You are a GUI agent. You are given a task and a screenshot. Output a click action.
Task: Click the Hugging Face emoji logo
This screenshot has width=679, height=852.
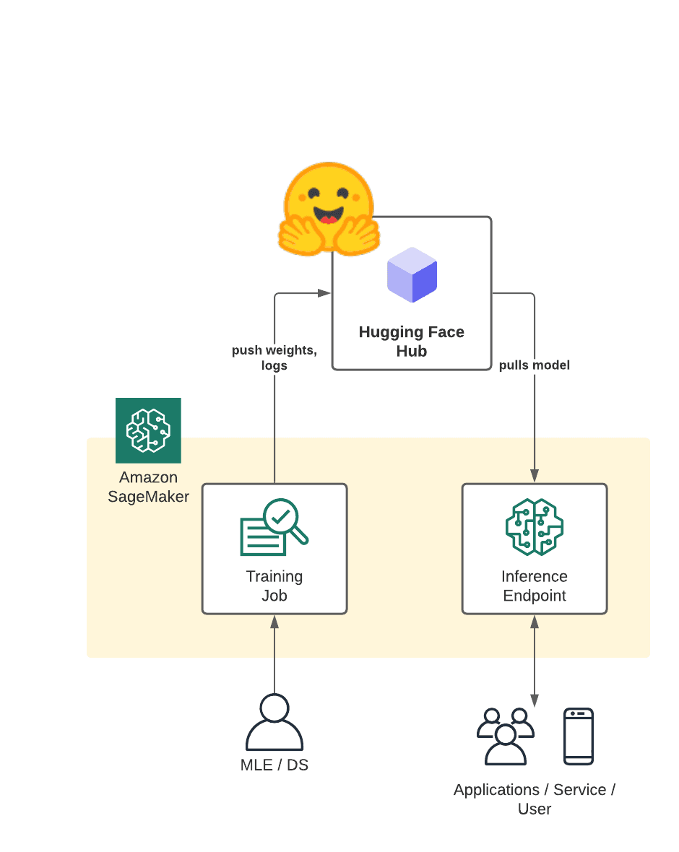329,207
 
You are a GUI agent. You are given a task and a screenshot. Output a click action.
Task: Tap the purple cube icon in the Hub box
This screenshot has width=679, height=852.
412,274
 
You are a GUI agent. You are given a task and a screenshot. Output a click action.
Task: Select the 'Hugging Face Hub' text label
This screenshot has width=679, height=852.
411,342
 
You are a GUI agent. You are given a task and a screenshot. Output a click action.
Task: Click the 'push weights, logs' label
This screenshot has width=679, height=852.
274,357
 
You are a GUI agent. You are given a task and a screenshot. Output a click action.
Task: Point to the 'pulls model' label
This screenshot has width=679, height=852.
534,365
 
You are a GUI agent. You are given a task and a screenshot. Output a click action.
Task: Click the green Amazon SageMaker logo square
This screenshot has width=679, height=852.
148,430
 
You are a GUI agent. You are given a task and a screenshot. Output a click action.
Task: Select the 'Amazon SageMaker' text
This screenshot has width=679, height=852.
148,487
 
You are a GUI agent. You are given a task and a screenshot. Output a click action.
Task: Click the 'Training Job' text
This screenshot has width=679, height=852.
274,586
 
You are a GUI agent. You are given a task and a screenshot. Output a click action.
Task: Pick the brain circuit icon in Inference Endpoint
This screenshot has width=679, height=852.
535,527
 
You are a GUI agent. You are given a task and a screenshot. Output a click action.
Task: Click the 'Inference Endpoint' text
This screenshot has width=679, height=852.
535,586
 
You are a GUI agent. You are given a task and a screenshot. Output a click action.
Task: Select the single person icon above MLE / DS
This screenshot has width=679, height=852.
274,722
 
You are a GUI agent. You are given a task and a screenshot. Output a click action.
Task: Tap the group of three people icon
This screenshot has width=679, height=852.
506,735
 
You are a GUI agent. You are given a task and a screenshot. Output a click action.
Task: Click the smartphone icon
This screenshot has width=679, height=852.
579,736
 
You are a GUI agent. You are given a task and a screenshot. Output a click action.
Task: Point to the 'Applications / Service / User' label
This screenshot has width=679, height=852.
535,799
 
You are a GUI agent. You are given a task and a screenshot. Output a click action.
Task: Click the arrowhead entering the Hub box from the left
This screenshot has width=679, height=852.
324,293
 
